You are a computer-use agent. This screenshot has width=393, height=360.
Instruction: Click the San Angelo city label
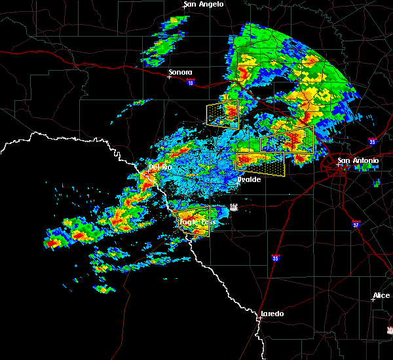pos(204,4)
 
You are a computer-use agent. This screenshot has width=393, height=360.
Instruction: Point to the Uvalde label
pos(250,179)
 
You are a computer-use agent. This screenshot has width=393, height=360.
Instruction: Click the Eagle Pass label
pos(197,222)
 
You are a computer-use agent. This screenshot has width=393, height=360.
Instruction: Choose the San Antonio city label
pos(358,160)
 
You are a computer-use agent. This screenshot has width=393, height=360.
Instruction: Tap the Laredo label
pos(272,314)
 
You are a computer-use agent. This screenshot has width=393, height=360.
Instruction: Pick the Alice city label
pos(381,296)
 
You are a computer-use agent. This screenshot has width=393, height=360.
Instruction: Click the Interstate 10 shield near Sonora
pos(190,82)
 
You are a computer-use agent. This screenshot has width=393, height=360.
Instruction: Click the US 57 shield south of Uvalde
pos(233,207)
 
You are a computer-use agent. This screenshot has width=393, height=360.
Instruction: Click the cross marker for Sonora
pos(169,77)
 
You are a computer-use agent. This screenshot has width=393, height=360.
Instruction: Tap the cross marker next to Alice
pos(372,300)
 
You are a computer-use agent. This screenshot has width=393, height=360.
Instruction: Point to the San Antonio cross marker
pos(339,165)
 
